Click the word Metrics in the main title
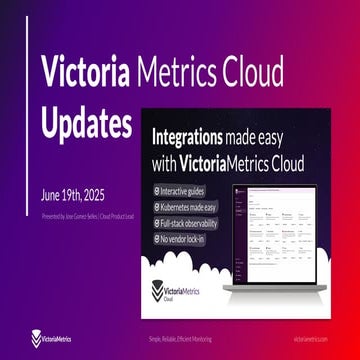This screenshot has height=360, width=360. coord(174,73)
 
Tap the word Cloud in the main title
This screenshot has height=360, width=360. coord(250,73)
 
